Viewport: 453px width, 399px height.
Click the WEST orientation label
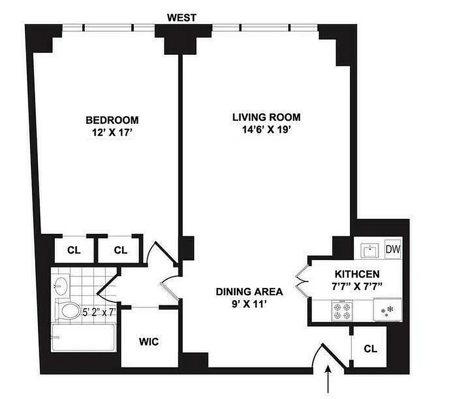tap(182, 18)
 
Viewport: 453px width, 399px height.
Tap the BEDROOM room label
tap(112, 120)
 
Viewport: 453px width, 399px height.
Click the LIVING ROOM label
tap(267, 118)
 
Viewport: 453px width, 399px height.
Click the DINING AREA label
tap(249, 291)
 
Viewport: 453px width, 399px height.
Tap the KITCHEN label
tap(357, 274)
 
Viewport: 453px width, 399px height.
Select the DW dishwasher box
tap(393, 248)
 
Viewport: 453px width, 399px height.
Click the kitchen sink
tap(370, 249)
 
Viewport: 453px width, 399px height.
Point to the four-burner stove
tap(342, 311)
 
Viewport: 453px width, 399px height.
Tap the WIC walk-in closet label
tap(148, 342)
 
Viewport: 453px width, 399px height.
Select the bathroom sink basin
tap(61, 286)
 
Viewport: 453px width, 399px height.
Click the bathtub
tap(83, 338)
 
